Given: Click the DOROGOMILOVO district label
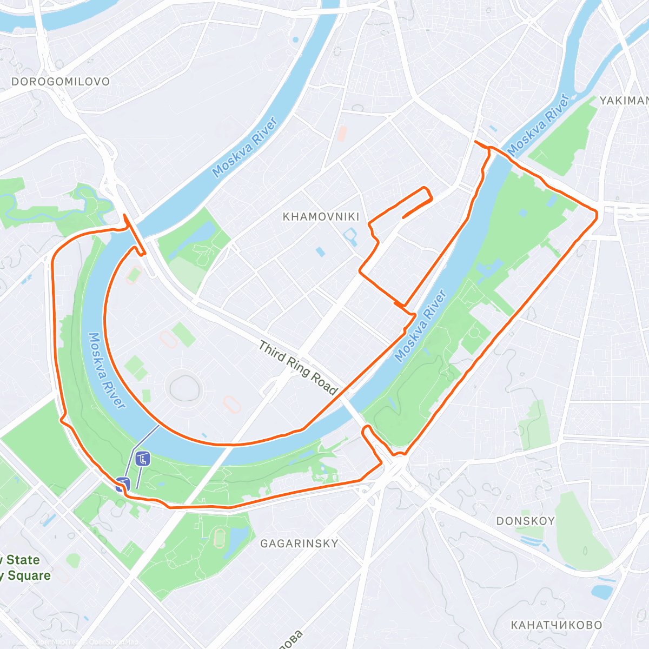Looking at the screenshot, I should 61,82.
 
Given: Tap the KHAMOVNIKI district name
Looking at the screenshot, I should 321,217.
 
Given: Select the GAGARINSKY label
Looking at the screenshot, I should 299,544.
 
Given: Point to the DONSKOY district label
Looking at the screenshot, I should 525,521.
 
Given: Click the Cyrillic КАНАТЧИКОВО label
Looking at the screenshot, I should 556,625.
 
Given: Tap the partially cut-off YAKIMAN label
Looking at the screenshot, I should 624,101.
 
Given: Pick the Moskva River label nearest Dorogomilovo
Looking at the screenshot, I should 245,147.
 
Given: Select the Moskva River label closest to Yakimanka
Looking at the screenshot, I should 539,124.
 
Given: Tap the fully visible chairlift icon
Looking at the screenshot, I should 143,459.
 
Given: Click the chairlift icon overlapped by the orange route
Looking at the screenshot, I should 122,483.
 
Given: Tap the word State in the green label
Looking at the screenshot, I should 23,560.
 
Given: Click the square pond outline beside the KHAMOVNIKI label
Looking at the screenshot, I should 350,235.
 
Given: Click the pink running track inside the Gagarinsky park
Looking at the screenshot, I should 220,538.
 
